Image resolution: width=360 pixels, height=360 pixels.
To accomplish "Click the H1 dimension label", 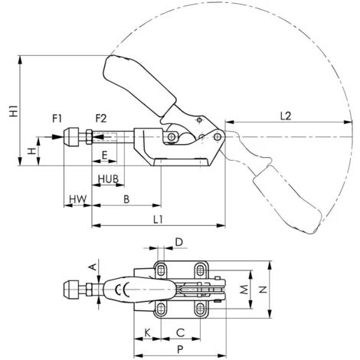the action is pyautogui.click(x=13, y=110).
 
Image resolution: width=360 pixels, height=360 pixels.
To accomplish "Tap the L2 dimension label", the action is pyautogui.click(x=286, y=116).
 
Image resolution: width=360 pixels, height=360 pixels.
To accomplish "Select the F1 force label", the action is pyautogui.click(x=57, y=119).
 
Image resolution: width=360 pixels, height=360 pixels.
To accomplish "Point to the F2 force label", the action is pyautogui.click(x=101, y=119).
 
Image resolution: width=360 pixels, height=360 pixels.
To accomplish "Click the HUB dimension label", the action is pyautogui.click(x=109, y=179).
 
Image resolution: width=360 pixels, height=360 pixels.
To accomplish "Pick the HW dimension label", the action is pyautogui.click(x=78, y=199).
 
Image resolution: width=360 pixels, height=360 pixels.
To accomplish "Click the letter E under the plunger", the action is pyautogui.click(x=104, y=155).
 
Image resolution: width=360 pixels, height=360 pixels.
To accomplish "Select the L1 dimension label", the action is pyautogui.click(x=158, y=219).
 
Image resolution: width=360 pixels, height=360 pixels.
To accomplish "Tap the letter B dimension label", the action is pyautogui.click(x=126, y=199).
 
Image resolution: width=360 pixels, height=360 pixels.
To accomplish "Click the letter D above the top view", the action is pyautogui.click(x=179, y=242).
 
